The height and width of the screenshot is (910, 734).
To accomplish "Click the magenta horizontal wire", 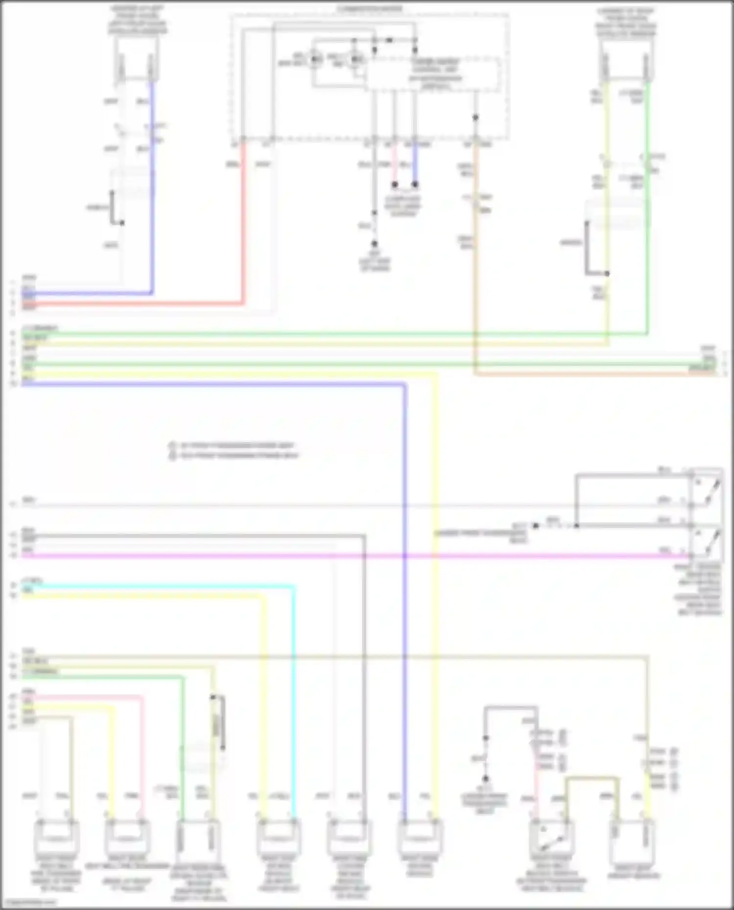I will click(x=343, y=556).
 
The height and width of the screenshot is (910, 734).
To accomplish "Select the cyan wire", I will click(x=294, y=685).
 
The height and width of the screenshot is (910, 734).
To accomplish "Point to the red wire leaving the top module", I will click(x=243, y=220).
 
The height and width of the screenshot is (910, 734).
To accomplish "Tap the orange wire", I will click(x=475, y=293).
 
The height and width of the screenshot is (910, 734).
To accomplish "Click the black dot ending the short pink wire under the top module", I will click(x=394, y=185).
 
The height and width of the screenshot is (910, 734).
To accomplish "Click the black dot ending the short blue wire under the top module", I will click(x=415, y=185).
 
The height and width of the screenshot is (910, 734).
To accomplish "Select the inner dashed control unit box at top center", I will click(x=433, y=74).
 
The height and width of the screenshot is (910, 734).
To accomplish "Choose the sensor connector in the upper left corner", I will click(x=137, y=61).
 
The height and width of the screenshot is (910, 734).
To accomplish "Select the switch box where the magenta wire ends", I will click(x=706, y=541).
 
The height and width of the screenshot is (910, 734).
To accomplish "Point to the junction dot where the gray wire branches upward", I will click(x=576, y=526).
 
